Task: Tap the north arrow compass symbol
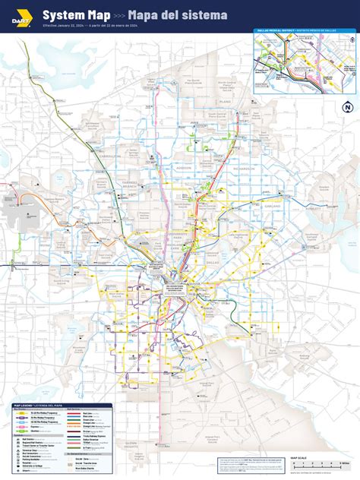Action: click(347, 107)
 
